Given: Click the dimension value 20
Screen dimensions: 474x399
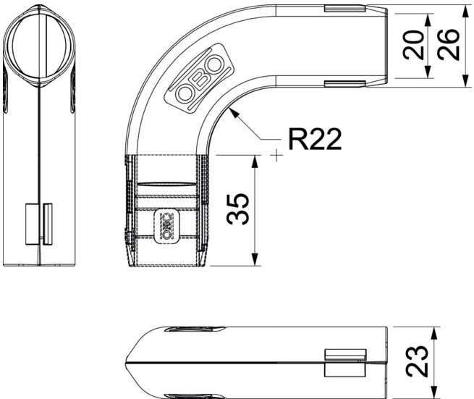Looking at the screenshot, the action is (x=414, y=45).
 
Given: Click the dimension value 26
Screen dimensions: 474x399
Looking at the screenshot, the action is (x=448, y=45).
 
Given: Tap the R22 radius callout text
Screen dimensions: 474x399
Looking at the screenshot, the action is (x=315, y=139).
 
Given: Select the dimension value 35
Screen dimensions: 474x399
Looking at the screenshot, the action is (x=238, y=209).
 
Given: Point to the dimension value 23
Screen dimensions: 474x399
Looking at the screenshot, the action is (x=417, y=361).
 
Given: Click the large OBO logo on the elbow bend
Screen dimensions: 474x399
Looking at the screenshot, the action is (x=200, y=78).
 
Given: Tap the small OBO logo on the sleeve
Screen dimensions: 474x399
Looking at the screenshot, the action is (x=167, y=226).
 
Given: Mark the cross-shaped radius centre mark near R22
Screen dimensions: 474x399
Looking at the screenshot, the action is (x=276, y=155).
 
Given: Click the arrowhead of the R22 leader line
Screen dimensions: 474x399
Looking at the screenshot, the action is (x=234, y=113).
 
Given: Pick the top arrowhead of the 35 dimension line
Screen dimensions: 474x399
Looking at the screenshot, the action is (x=255, y=161).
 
